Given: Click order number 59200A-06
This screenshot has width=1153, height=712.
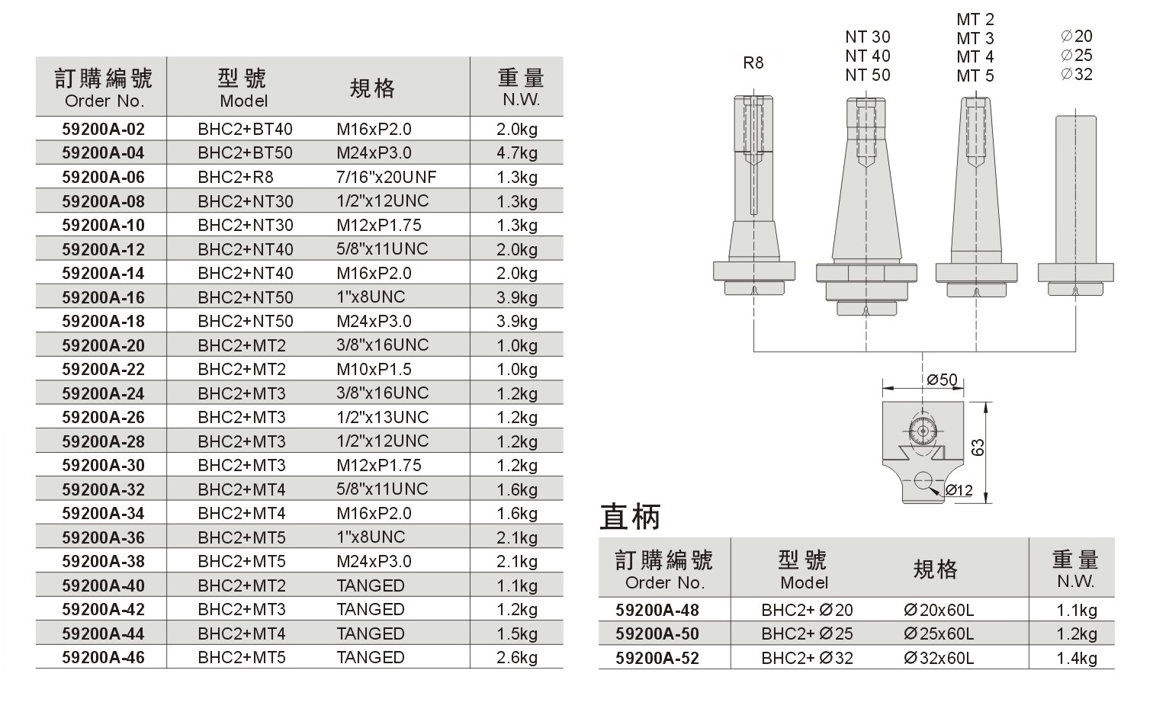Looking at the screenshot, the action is [x=103, y=177].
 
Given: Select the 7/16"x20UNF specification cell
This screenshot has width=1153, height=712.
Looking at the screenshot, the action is [x=386, y=177].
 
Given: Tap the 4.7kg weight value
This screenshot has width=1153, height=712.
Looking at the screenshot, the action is [x=517, y=152].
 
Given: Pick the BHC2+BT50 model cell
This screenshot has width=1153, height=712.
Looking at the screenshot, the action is [x=245, y=152].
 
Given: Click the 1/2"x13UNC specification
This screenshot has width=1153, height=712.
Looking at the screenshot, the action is [x=383, y=417].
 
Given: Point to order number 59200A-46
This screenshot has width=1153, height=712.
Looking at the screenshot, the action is [x=103, y=657].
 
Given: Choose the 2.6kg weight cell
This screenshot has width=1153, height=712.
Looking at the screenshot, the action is [x=517, y=657].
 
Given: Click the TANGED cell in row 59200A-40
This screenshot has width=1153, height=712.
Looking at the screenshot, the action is [x=371, y=585].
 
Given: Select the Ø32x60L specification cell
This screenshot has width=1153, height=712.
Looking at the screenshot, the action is [x=939, y=658].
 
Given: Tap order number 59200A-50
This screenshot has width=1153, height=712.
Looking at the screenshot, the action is [x=657, y=633].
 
